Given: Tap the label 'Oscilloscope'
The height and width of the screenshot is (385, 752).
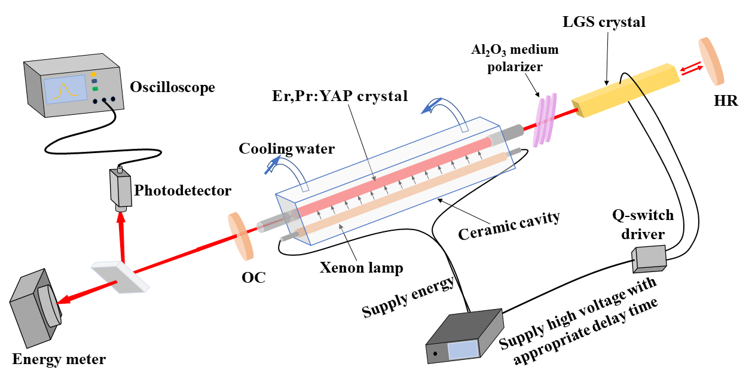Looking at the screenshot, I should tap(172, 87).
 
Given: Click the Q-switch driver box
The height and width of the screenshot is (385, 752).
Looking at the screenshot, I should tap(649, 256).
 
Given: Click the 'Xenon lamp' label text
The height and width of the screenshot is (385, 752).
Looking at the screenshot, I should tap(360, 267).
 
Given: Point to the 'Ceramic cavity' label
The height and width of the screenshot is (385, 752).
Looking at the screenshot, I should tap(509, 225).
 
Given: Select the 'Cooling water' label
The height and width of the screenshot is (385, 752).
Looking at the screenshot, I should tap(286, 149).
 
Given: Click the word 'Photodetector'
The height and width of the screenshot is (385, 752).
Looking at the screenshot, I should tap(183, 191).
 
